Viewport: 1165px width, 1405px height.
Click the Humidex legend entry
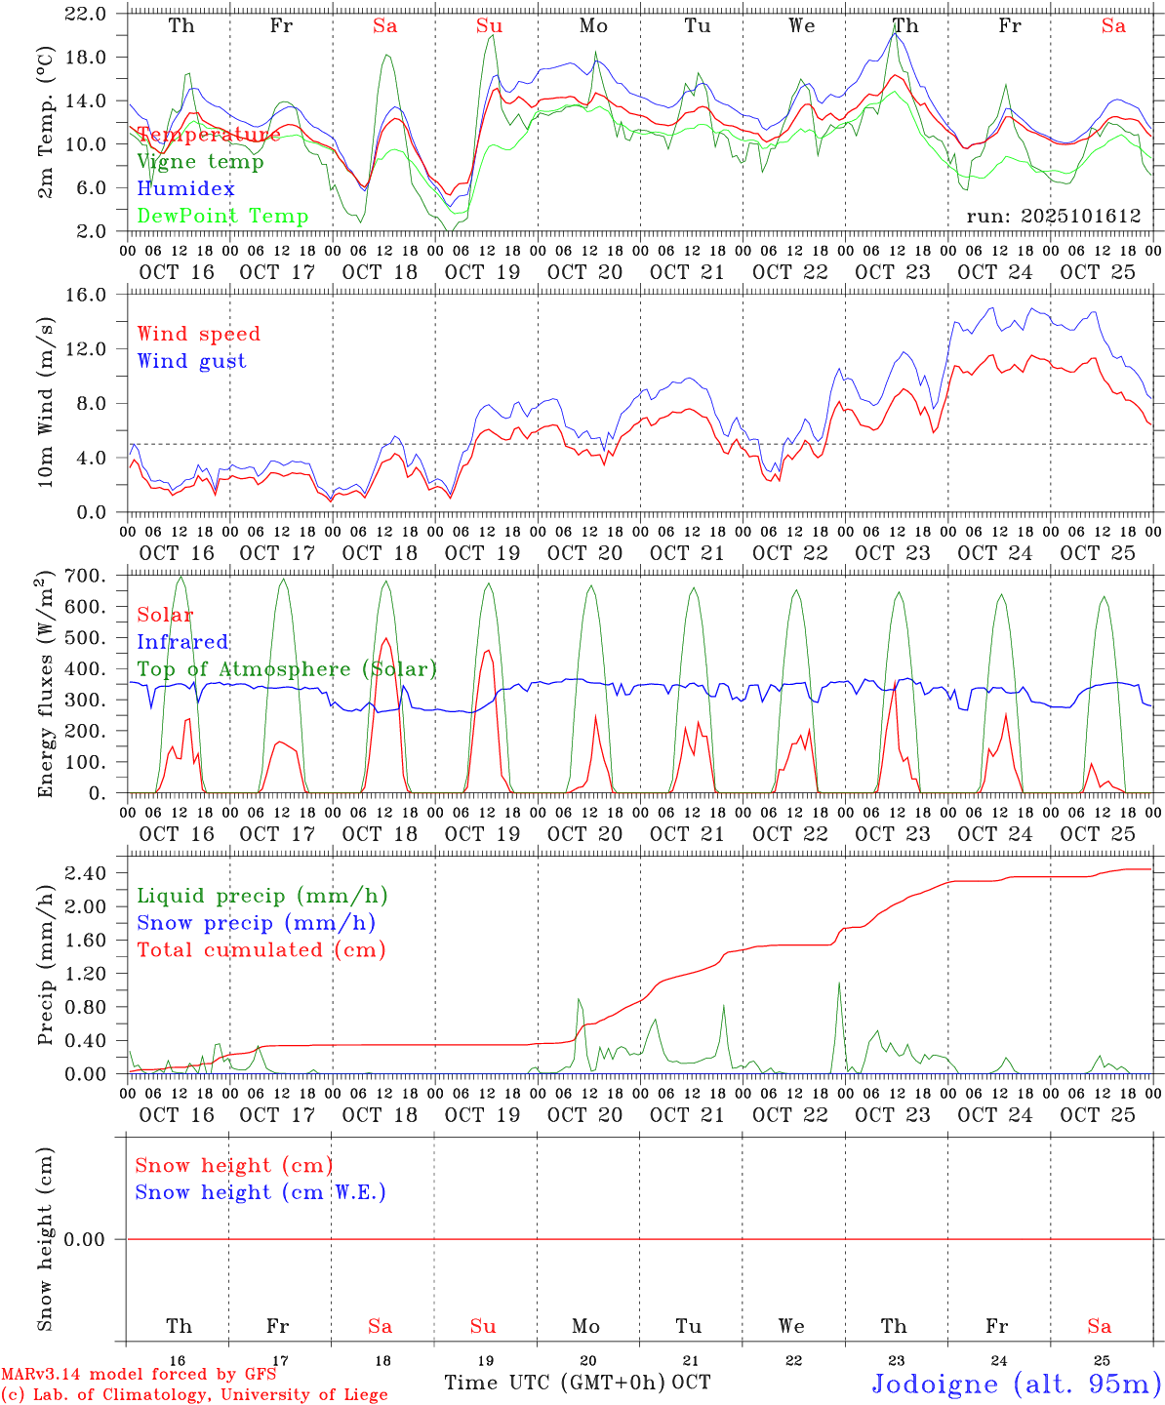(185, 188)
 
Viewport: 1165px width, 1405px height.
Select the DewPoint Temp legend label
(222, 216)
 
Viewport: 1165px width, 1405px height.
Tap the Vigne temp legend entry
(200, 161)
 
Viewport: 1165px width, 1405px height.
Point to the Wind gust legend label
(191, 361)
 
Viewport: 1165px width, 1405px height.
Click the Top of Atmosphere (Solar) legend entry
(287, 669)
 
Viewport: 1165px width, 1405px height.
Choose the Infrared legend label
(182, 642)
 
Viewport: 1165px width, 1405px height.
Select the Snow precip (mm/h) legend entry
(256, 923)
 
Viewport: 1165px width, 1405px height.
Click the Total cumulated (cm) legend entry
(261, 950)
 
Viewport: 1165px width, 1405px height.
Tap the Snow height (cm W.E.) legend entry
(261, 1192)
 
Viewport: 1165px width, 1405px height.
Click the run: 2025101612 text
(1054, 216)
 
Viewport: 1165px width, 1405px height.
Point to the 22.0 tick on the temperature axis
(88, 14)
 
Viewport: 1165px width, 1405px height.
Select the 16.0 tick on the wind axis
(88, 295)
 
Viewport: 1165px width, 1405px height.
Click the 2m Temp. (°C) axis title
(45, 122)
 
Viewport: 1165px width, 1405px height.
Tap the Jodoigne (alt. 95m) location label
(1016, 1384)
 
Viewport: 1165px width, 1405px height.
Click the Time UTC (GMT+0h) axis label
(555, 1383)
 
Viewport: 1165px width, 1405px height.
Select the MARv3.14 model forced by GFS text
(139, 1375)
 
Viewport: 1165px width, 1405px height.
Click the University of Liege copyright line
(194, 1395)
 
